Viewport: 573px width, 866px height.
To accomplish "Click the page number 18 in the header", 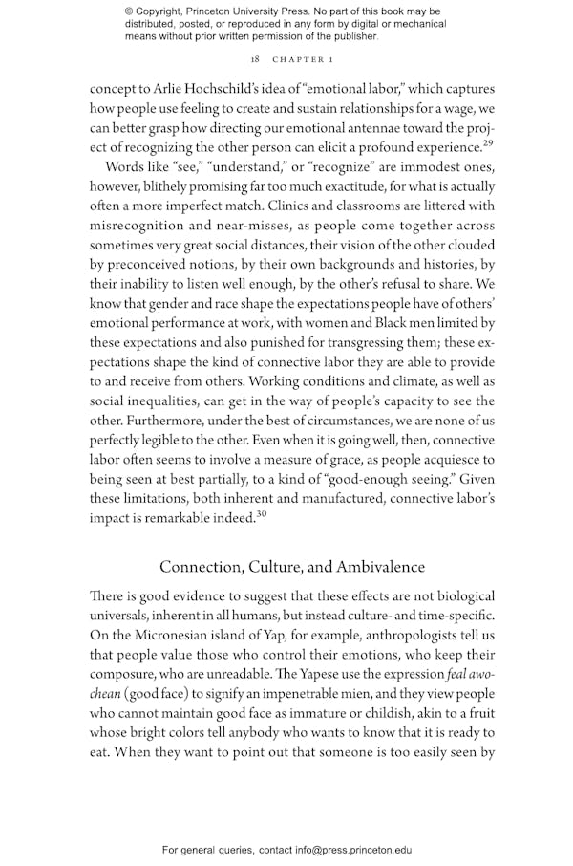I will [256, 58].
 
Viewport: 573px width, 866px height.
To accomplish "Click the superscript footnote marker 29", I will [488, 143].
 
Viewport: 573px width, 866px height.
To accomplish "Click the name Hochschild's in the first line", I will [223, 89].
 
